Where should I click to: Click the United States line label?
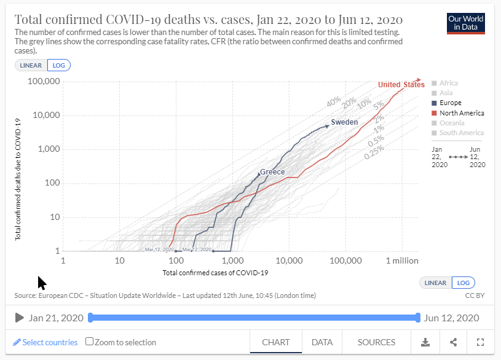pos(401,85)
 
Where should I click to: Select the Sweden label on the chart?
pos(344,122)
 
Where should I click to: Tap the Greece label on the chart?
pos(272,172)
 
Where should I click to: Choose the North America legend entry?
pos(461,113)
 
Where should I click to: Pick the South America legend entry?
pos(461,133)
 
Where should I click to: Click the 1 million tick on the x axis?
pos(402,261)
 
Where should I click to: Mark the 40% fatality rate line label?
pos(334,101)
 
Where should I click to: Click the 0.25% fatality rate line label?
pos(374,152)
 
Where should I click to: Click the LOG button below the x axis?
pos(463,283)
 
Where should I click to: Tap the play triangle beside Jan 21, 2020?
pos(19,318)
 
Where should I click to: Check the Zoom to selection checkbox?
pos(90,342)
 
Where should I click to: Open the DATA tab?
pos(322,342)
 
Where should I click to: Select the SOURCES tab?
pos(376,342)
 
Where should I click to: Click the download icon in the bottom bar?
pos(425,342)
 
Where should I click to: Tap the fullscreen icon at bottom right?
pos(481,342)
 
